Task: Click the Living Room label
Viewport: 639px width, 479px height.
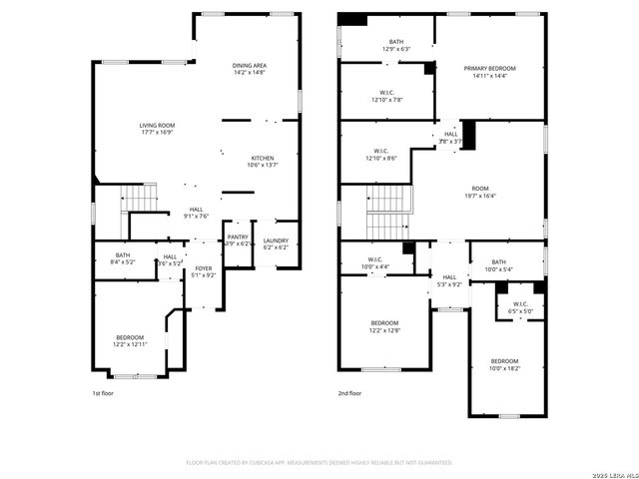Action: (157, 128)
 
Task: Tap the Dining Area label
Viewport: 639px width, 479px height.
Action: (250, 68)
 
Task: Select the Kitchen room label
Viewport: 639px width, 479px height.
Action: (263, 161)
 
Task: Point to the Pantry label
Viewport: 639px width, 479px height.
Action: (238, 240)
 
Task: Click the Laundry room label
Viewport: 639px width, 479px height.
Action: (276, 243)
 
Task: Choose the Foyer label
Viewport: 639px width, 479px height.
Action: (204, 271)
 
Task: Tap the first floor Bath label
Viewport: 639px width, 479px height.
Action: (123, 257)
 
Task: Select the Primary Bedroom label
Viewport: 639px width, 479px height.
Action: (490, 72)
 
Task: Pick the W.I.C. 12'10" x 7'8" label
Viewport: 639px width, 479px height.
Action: (384, 96)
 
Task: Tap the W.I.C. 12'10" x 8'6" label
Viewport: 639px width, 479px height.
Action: (381, 155)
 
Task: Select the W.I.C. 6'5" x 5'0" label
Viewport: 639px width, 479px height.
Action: (521, 307)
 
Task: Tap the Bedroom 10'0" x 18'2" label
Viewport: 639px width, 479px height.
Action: (504, 364)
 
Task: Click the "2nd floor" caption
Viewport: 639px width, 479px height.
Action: (349, 393)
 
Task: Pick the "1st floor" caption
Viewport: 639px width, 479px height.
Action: (103, 393)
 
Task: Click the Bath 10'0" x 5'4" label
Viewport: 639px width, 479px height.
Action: (499, 265)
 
